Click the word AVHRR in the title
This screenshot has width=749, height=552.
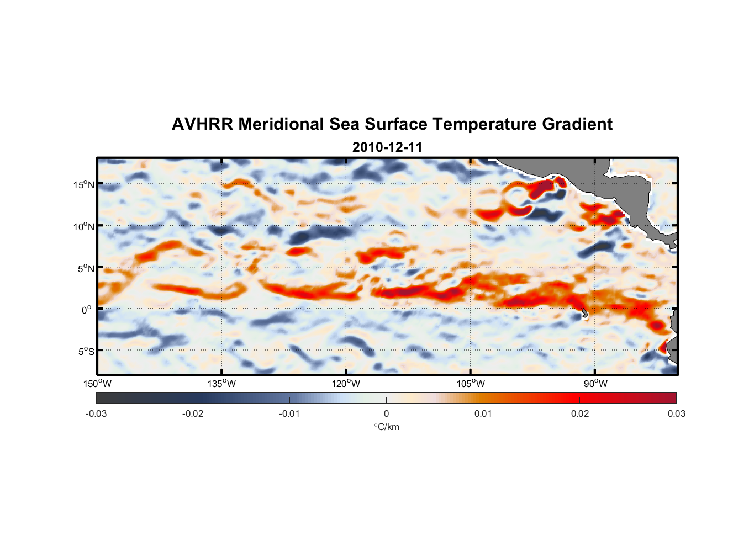coord(202,124)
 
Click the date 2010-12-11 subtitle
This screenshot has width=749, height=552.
coord(387,147)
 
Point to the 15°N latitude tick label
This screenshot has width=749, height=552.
coord(84,184)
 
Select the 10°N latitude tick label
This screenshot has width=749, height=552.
coord(84,226)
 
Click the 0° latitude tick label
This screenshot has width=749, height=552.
coord(87,310)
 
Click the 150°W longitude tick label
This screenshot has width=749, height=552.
coord(97,384)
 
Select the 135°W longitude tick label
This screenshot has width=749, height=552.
coord(221,384)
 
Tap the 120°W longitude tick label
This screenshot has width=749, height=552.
coord(346,384)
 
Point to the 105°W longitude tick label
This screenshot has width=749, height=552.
coord(471,384)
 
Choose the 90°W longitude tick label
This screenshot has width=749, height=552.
coord(595,384)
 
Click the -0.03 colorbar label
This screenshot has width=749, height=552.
coord(96,413)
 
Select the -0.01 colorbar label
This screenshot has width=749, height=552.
coord(289,413)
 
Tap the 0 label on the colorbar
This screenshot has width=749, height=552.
coord(386,413)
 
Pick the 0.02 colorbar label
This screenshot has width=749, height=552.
coord(579,413)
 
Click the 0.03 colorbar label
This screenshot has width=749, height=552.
coord(676,413)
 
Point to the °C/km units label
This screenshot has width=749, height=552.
coord(386,427)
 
